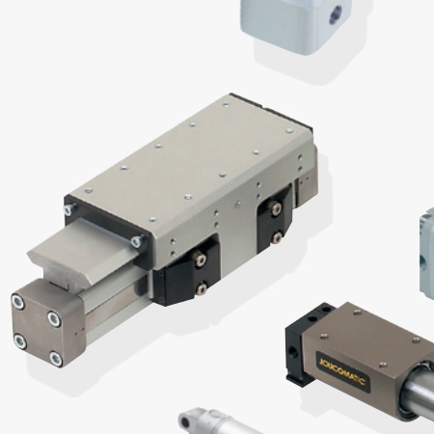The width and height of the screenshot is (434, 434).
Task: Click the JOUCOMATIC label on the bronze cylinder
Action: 342,372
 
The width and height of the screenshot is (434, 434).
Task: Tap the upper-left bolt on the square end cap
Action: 18,302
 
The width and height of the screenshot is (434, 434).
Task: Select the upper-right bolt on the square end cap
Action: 54,319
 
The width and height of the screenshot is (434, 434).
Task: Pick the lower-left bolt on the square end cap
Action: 20,341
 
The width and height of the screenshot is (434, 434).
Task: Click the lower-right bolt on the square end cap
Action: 56,359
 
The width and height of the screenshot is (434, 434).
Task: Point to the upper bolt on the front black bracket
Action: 201,259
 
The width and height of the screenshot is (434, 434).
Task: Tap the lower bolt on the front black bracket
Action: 202,288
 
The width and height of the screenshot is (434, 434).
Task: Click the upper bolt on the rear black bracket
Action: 276,208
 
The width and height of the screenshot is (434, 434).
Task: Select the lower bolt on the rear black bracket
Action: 277,237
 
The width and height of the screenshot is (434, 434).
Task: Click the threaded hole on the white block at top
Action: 335,14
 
